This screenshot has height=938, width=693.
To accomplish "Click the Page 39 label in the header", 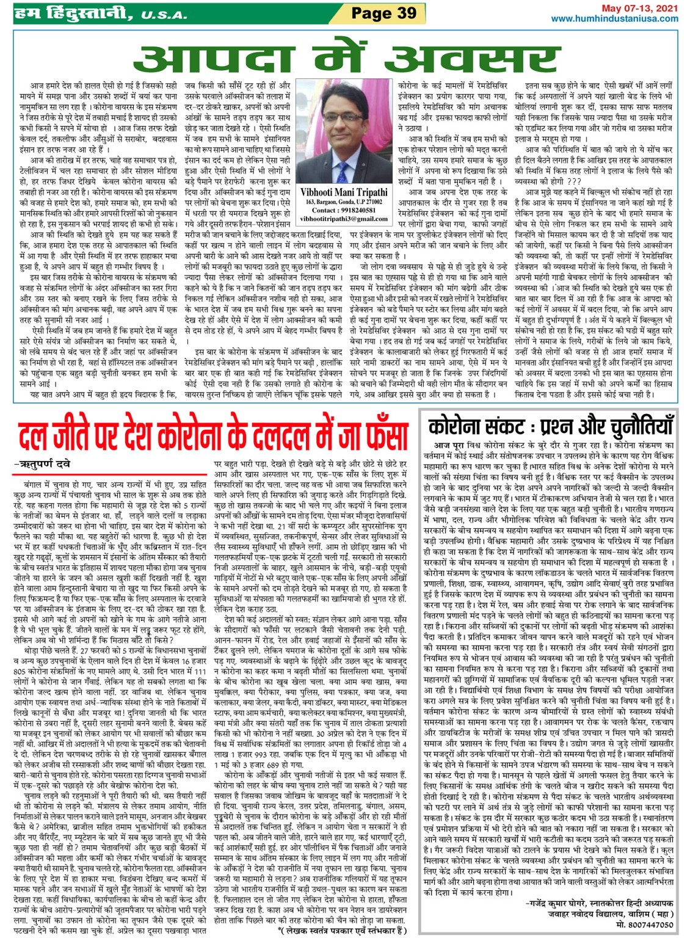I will pyautogui.click(x=383, y=13).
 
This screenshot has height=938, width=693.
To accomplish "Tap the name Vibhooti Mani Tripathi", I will pyautogui.click(x=344, y=192).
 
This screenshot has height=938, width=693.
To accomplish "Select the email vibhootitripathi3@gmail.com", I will pyautogui.click(x=344, y=218).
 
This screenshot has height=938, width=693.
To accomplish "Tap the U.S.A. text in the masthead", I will pyautogui.click(x=164, y=15).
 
